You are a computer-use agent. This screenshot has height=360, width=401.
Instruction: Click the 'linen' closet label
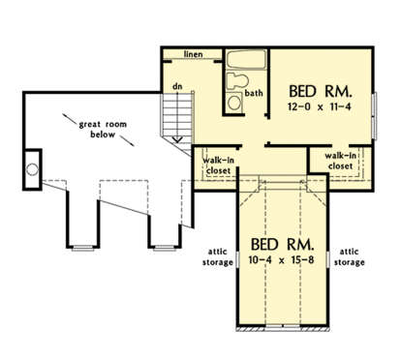coord(194,54)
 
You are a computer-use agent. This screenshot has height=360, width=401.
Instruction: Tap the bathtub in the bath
coord(246,60)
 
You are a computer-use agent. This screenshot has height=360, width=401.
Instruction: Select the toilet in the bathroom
coord(237,80)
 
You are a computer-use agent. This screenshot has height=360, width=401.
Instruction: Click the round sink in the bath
coord(234,103)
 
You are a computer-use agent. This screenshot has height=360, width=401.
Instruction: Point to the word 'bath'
coord(254,93)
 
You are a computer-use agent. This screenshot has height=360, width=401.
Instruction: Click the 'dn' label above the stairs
coord(177,86)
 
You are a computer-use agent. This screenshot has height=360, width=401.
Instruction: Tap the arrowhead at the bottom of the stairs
coord(177,139)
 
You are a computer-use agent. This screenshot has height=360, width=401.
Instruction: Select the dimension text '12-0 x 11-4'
coord(319,106)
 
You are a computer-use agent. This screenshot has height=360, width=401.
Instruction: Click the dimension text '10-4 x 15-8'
coord(281,259)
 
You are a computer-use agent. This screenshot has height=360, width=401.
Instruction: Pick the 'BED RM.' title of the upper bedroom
coord(320,92)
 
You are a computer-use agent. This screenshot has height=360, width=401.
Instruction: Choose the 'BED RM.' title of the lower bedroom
coord(282,245)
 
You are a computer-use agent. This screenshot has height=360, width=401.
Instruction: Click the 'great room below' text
coord(103,130)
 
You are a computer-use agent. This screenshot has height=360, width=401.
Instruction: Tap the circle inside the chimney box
coord(32,169)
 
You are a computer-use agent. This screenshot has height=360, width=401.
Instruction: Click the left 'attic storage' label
coord(218,257)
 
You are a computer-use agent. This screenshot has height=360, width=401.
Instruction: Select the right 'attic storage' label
coord(350,257)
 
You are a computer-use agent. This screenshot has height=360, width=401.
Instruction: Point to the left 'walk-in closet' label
coord(218,165)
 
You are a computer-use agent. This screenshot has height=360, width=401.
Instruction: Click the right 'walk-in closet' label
coord(341,161)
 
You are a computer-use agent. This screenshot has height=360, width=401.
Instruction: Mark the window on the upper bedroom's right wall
coord(375,116)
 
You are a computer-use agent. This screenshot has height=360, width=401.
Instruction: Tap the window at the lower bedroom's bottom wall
coord(283,327)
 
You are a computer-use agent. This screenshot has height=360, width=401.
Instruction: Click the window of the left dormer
coord(82,248)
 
